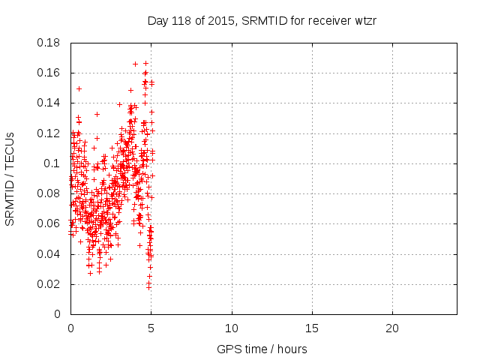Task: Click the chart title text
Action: [x=262, y=21]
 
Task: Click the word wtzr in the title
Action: [x=364, y=21]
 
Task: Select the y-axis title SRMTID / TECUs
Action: [x=10, y=178]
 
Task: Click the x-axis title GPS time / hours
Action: [x=262, y=349]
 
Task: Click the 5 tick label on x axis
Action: [x=151, y=328]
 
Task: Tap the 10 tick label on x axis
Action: [x=232, y=328]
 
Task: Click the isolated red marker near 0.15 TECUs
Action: [x=79, y=88]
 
